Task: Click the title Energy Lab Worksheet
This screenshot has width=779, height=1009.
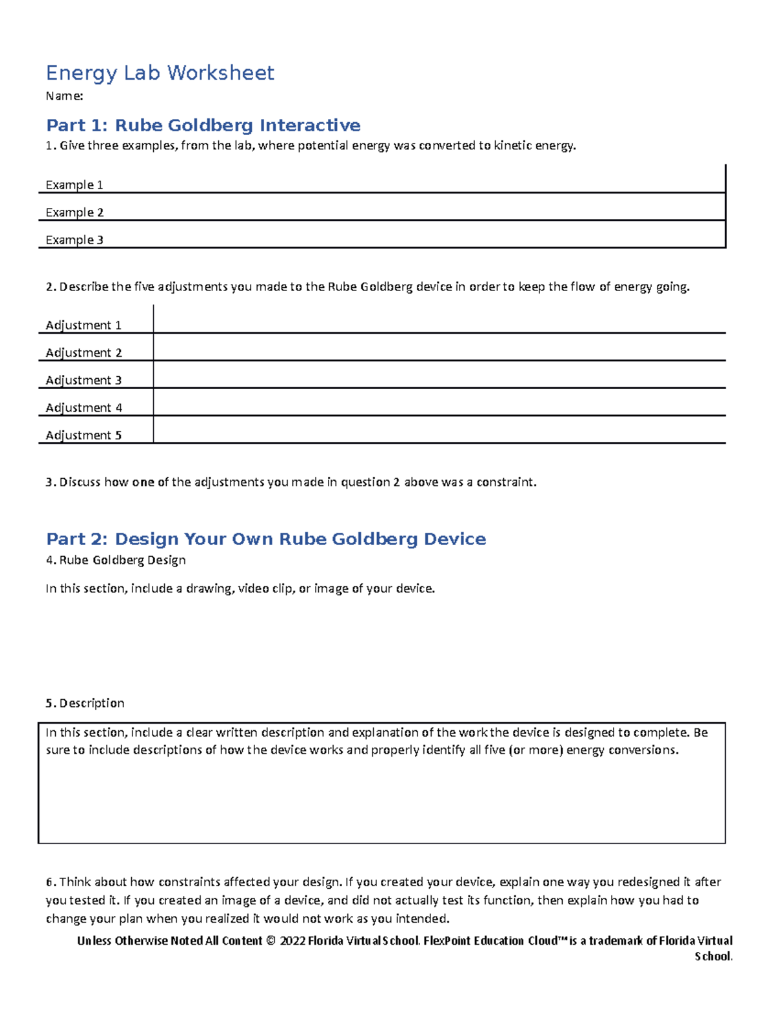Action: [x=160, y=73]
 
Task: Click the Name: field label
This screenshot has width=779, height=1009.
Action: [x=64, y=96]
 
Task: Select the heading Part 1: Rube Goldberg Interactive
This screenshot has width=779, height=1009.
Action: [x=203, y=125]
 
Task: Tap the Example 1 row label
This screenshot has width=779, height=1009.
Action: [x=74, y=185]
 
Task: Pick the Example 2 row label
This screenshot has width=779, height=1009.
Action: [x=74, y=212]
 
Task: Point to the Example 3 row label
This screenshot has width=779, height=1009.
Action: [x=74, y=240]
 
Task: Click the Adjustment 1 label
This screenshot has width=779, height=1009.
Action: [x=83, y=325]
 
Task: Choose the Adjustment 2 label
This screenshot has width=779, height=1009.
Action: [x=83, y=353]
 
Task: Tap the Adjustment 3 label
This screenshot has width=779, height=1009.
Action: [x=83, y=380]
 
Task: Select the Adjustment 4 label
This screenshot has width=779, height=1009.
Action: [x=83, y=407]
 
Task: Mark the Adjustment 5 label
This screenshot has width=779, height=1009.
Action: [x=83, y=435]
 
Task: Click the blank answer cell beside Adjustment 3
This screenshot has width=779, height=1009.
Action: [x=439, y=376]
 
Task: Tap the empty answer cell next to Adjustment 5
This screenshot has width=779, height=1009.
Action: [x=439, y=430]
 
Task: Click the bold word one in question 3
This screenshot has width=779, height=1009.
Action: [x=143, y=482]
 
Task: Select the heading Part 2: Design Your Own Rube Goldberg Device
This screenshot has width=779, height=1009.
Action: [x=266, y=539]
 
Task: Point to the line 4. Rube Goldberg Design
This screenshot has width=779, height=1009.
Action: [x=116, y=560]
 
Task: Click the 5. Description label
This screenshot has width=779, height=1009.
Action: [x=85, y=703]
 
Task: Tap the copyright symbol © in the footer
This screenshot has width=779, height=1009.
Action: [x=271, y=941]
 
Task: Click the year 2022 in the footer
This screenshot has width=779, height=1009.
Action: [x=292, y=941]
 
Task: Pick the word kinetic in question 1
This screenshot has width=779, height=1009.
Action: [x=513, y=146]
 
